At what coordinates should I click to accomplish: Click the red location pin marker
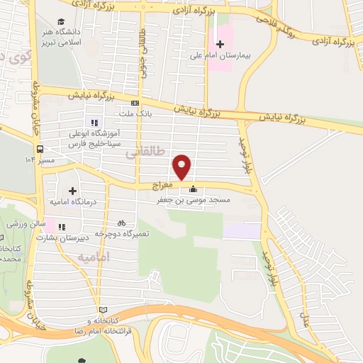tap(182, 167)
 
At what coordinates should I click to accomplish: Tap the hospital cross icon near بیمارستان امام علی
tap(220, 45)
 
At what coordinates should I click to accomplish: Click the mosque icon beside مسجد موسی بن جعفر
tap(193, 189)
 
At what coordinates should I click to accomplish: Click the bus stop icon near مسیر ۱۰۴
tap(40, 150)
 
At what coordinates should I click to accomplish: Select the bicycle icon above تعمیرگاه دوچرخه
tap(121, 222)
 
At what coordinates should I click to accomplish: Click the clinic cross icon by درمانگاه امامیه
tap(72, 190)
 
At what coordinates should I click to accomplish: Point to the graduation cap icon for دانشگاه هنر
tap(61, 23)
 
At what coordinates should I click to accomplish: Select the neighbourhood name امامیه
tap(94, 256)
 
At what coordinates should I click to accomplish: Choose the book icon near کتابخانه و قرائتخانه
tap(104, 311)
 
